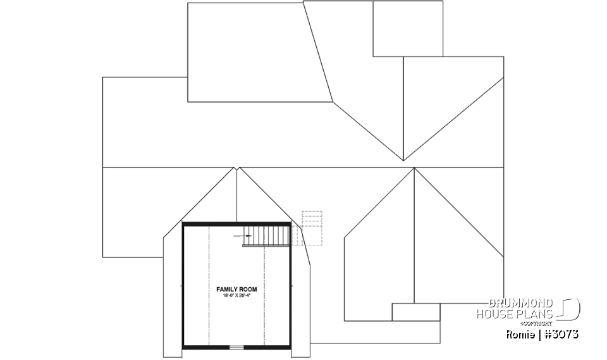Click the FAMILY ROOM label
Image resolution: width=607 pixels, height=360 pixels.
pos(236,289)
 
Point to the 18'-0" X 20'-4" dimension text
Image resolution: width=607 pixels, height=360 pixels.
pos(236,295)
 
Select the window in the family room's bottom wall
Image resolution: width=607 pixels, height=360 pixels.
pos(236,347)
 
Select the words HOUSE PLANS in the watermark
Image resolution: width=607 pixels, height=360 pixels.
pos(515,314)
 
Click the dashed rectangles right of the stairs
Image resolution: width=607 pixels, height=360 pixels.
pos(311,225)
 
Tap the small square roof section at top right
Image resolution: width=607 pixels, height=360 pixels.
pos(407,29)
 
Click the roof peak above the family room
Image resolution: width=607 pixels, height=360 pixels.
pos(236,168)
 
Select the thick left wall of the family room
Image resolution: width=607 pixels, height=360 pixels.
pos(183,285)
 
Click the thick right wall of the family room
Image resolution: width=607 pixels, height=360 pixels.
pos(291,285)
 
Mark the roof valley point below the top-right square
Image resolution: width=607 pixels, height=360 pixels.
pos(403,160)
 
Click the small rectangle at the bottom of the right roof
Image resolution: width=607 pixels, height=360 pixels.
pos(415,312)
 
